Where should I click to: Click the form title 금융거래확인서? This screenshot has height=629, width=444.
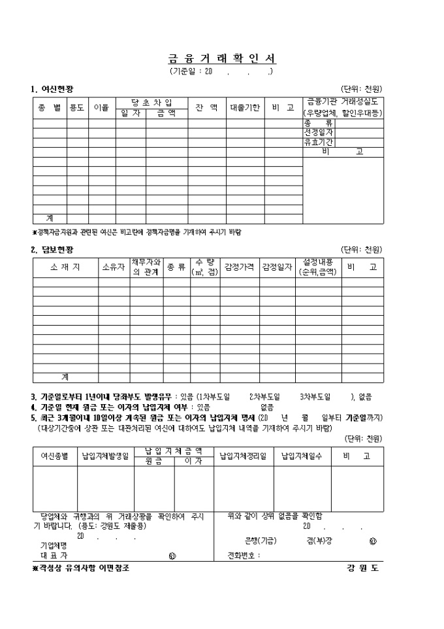[x=221, y=59]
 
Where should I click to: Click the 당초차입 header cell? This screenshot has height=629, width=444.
[x=151, y=103]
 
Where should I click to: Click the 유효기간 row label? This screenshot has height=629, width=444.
[x=318, y=142]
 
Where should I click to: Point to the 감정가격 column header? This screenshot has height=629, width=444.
[x=239, y=267]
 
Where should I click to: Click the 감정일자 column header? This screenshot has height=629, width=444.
[x=277, y=267]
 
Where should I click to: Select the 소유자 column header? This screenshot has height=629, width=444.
[x=114, y=267]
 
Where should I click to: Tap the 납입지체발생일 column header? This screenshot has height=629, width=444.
[x=105, y=456]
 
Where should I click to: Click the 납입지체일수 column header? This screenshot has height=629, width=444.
[x=302, y=456]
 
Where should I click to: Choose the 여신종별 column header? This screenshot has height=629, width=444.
[x=55, y=456]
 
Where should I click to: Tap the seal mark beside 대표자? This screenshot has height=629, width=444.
[x=171, y=556]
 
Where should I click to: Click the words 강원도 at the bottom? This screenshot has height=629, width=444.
[x=363, y=568]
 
